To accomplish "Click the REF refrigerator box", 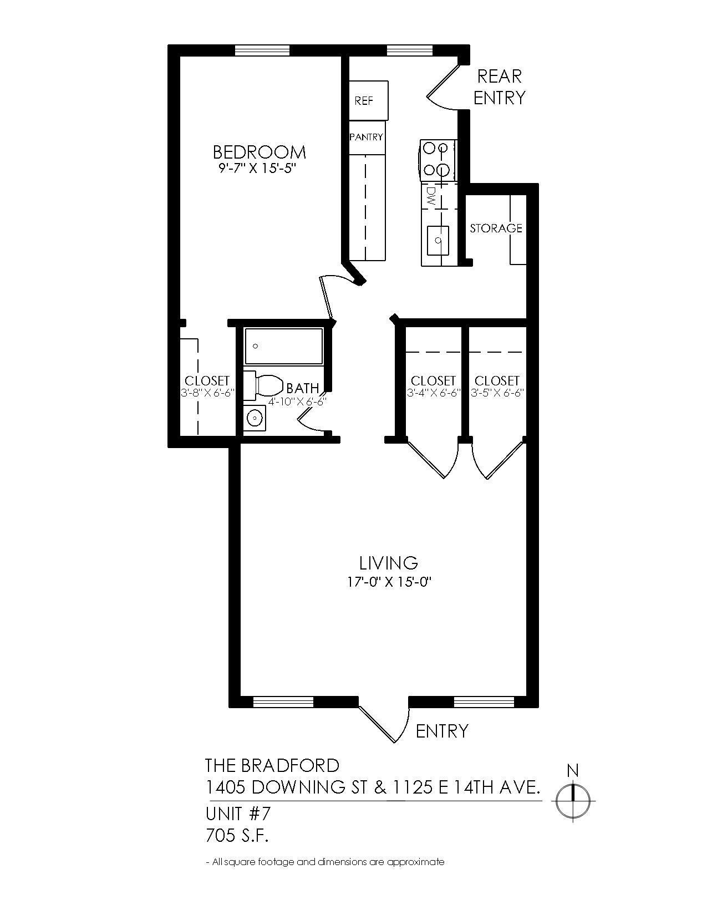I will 368,100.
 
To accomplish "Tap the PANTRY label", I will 366,137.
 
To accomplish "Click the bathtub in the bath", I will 284,347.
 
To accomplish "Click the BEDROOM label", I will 260,152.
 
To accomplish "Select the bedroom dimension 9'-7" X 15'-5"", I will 260,169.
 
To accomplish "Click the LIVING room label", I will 388,563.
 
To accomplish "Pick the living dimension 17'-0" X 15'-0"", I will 388,582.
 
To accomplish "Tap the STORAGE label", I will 496,228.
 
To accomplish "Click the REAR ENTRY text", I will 499,87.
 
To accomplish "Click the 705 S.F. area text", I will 237,835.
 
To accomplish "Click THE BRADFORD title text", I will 272,766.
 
